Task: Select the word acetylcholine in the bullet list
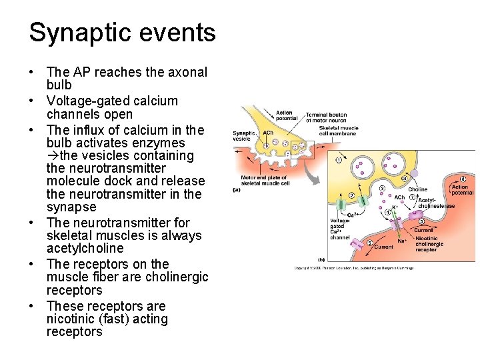[85, 249]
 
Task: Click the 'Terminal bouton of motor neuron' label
[325, 118]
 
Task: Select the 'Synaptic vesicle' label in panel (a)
[243, 136]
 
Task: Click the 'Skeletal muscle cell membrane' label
[339, 131]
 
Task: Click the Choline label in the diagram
[418, 190]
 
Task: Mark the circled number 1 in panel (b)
[339, 159]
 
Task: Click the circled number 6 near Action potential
[463, 179]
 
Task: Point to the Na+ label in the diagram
[403, 241]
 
